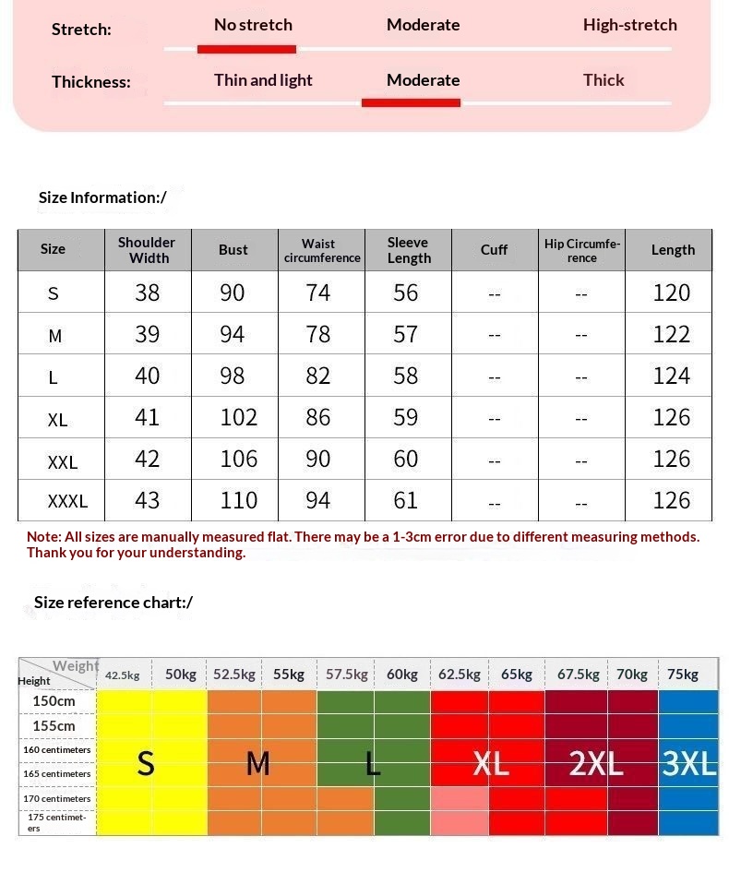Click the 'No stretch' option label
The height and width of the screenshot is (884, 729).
pyautogui.click(x=253, y=25)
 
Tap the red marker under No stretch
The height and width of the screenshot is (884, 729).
pyautogui.click(x=246, y=49)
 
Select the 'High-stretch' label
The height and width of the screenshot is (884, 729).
pyautogui.click(x=629, y=25)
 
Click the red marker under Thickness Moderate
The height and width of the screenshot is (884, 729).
pyautogui.click(x=411, y=102)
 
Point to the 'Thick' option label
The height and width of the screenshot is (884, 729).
pyautogui.click(x=604, y=80)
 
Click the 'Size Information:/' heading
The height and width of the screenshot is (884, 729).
pyautogui.click(x=102, y=197)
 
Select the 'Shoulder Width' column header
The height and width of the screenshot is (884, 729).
pyautogui.click(x=147, y=250)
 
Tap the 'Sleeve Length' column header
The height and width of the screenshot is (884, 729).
pyautogui.click(x=408, y=250)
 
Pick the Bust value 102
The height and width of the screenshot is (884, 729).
pyautogui.click(x=238, y=417)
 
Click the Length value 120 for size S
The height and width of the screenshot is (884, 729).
pyautogui.click(x=671, y=293)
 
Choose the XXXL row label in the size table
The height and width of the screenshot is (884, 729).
pyautogui.click(x=67, y=501)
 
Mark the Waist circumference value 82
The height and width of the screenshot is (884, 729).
pyautogui.click(x=318, y=376)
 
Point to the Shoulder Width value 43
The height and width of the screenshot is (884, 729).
pyautogui.click(x=147, y=500)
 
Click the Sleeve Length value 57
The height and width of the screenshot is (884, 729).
pyautogui.click(x=406, y=334)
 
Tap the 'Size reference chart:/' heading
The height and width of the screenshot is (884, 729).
pyautogui.click(x=113, y=603)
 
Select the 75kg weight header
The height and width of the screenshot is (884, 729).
pyautogui.click(x=683, y=675)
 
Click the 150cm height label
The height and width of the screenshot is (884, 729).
pyautogui.click(x=54, y=701)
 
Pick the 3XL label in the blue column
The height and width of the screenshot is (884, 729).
pyautogui.click(x=689, y=764)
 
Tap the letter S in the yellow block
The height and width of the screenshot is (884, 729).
pyautogui.click(x=146, y=764)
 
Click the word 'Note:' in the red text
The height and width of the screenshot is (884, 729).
pyautogui.click(x=43, y=537)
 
